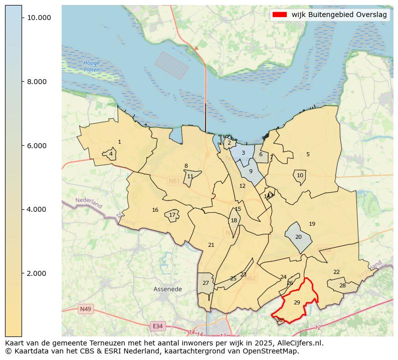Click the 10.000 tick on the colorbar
pos(39,18)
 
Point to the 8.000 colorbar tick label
pos(39,82)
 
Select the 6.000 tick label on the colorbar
pos(39,146)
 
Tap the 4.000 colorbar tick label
pos(39,209)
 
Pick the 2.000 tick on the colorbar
pos(39,273)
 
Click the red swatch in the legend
pos(279,15)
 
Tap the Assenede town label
pos(167,289)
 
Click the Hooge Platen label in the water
pos(92,66)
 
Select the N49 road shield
pos(85,309)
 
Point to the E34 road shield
pos(158,326)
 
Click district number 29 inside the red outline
pos(297,302)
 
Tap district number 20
pos(298,237)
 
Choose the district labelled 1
pos(119,142)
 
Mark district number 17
pos(172,215)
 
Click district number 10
pos(300,176)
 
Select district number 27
pos(206,283)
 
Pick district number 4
pos(111,154)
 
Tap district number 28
pos(342,286)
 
